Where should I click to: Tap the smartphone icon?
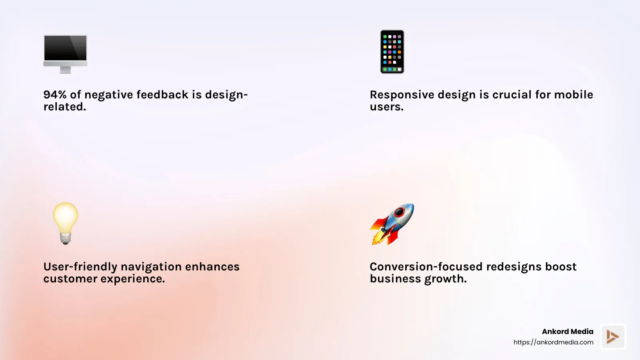[392, 52]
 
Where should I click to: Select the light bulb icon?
[66, 223]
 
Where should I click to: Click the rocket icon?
[392, 224]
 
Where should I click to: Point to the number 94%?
[55, 95]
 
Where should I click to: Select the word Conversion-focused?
[426, 267]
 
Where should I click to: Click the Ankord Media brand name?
[568, 332]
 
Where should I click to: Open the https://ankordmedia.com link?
[553, 342]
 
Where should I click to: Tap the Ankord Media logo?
[613, 336]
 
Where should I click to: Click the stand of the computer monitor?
[65, 70]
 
